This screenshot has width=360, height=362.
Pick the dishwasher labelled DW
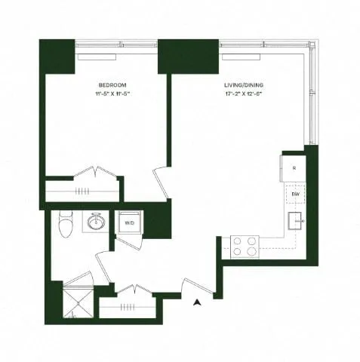(x=295, y=195)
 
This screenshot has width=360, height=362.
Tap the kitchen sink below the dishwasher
(x=295, y=222)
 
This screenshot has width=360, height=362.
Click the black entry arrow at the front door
(x=197, y=302)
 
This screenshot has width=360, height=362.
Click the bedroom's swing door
(x=161, y=182)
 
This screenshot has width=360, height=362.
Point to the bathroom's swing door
(x=104, y=265)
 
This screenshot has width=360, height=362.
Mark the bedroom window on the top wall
(x=96, y=56)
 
